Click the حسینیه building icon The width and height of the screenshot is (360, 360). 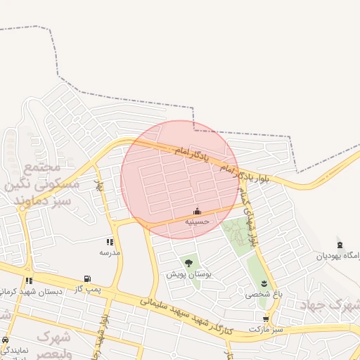point(197,211)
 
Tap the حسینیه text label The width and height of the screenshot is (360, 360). point(197,221)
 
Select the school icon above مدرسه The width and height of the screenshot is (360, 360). point(110,242)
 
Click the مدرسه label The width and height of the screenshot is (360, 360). point(110,252)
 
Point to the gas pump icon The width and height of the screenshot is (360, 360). point(87,278)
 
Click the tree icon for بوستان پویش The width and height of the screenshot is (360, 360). point(188,263)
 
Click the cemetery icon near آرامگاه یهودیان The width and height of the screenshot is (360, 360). point(340,245)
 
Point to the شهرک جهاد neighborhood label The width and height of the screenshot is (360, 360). point(330,304)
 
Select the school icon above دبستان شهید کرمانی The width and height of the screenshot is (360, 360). point(30,281)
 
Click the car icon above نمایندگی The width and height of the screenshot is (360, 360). point(6,340)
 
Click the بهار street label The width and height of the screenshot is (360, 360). point(100,186)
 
